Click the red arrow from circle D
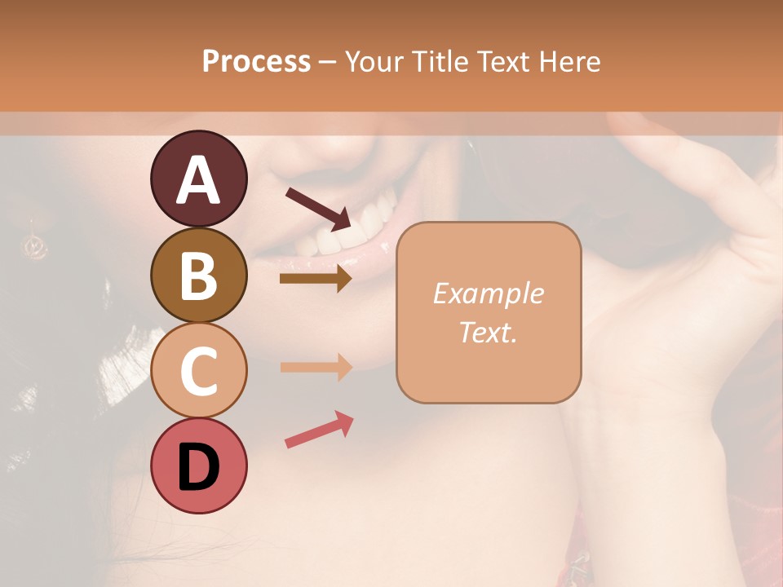pyautogui.click(x=319, y=430)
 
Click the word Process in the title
pyautogui.click(x=256, y=62)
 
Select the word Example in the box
pyautogui.click(x=489, y=293)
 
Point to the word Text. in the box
pyautogui.click(x=489, y=332)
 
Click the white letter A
pyautogui.click(x=198, y=180)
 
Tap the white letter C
pyautogui.click(x=198, y=371)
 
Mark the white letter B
pyautogui.click(x=198, y=276)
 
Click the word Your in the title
pyautogui.click(x=372, y=62)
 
